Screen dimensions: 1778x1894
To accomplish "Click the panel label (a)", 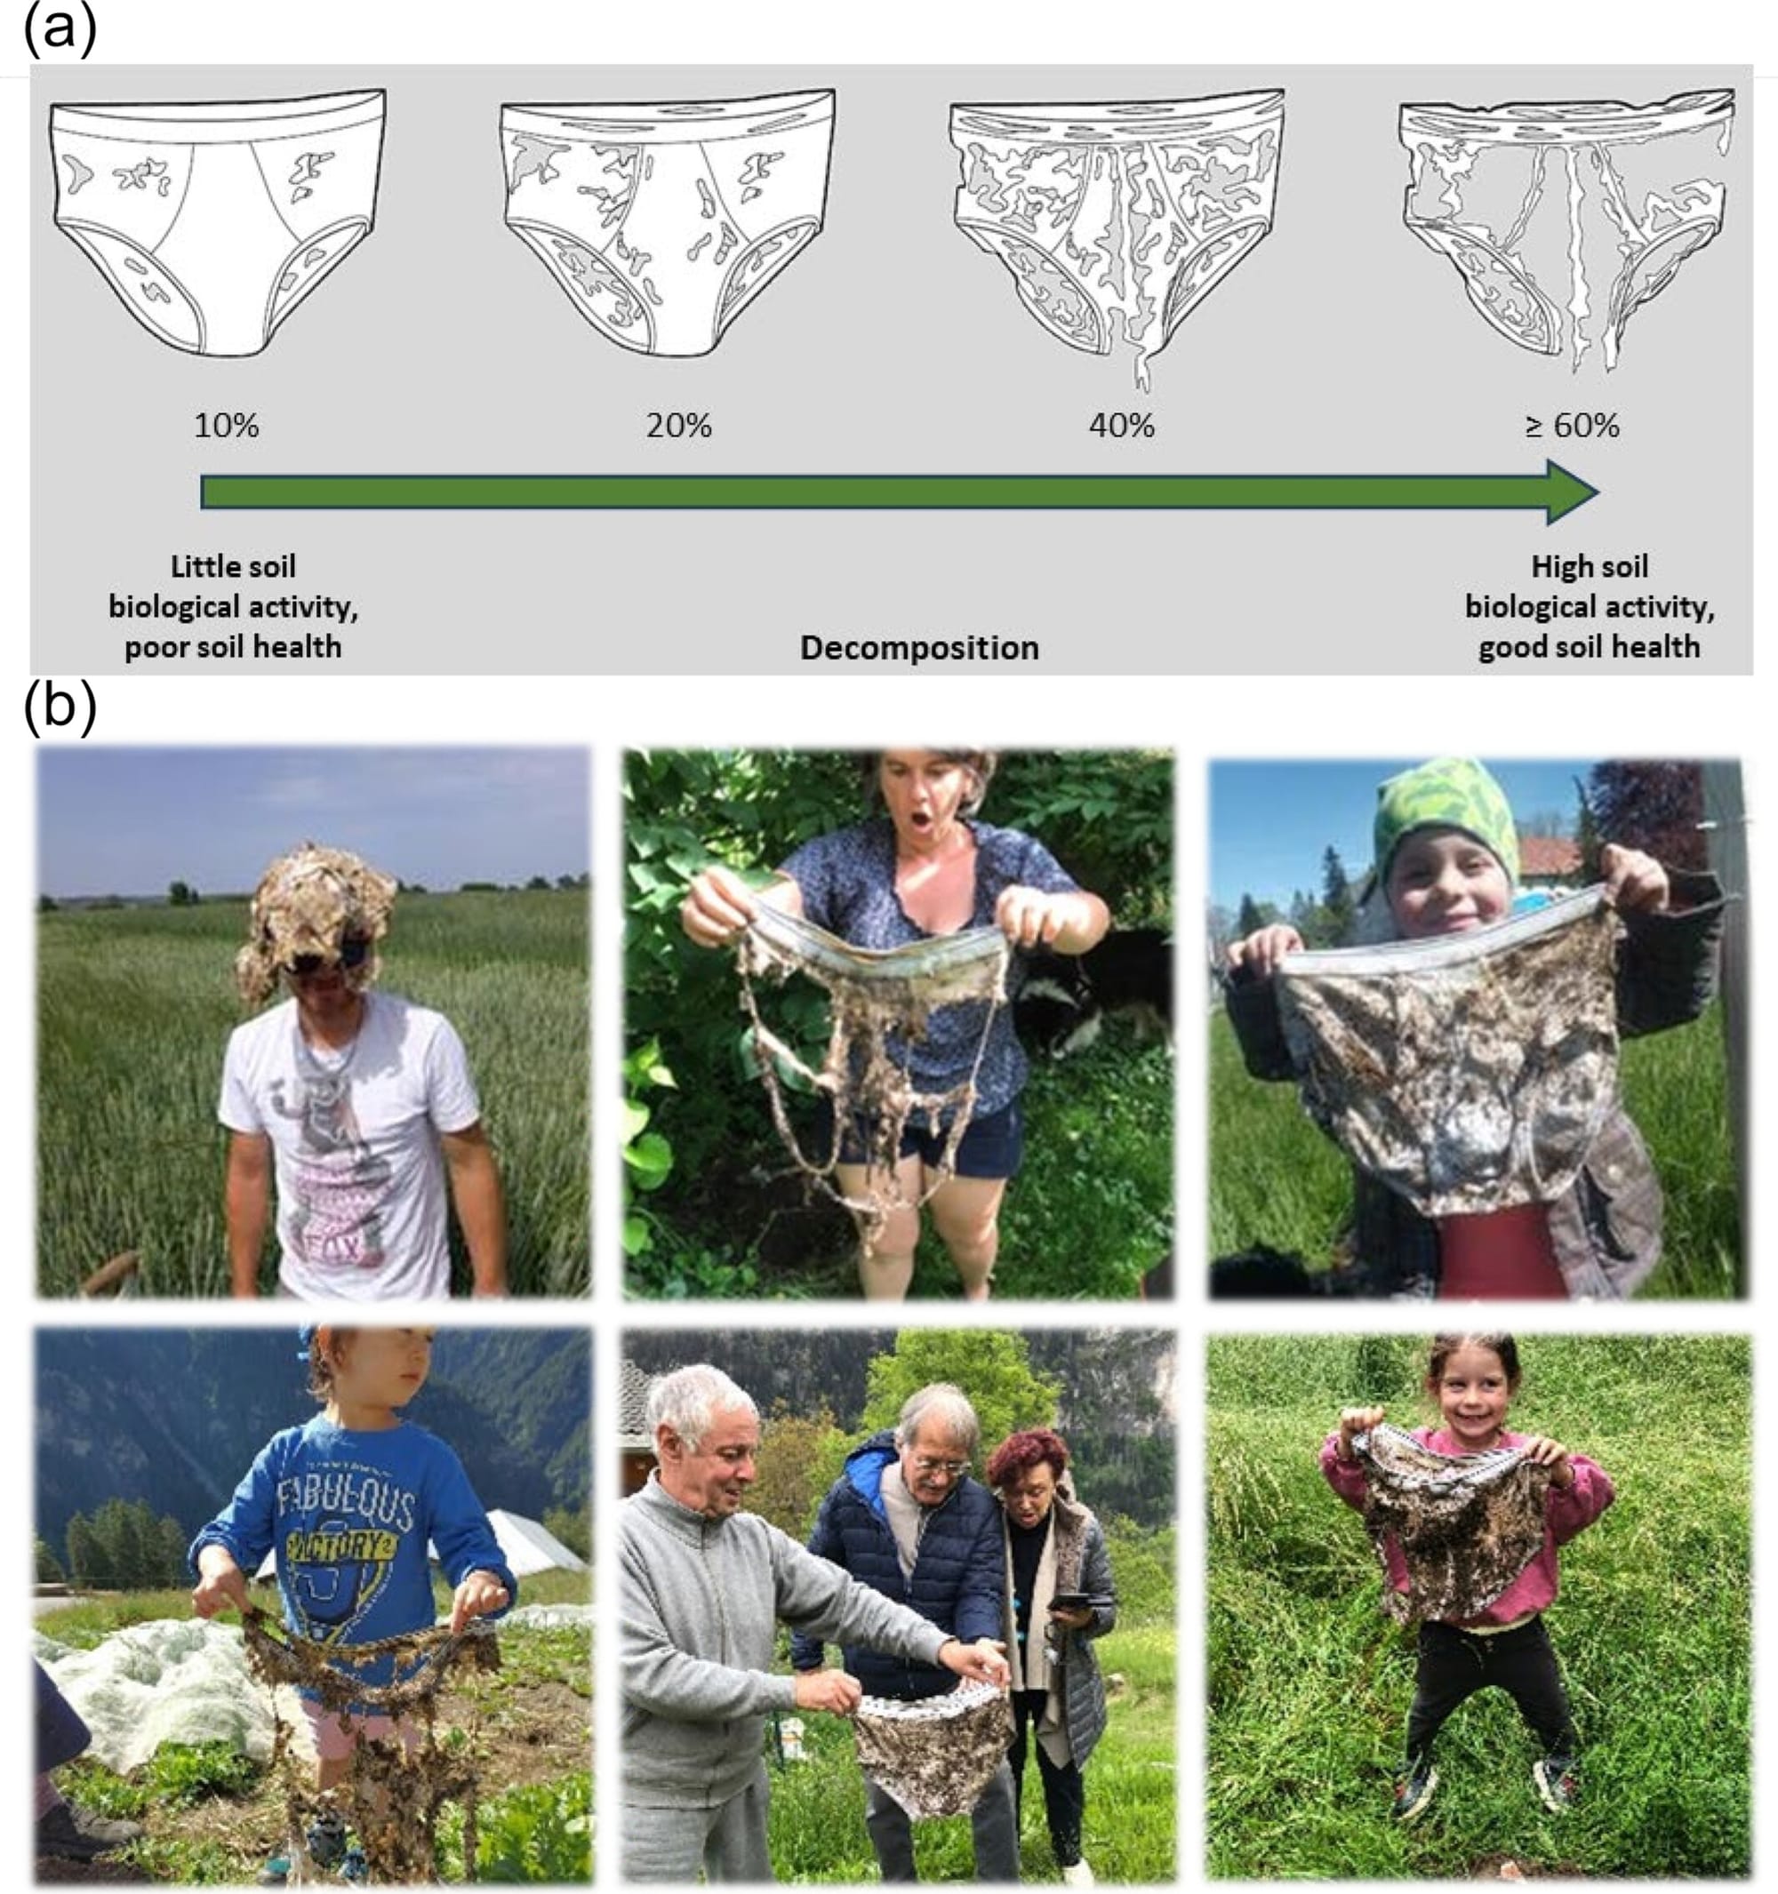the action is tap(59, 28).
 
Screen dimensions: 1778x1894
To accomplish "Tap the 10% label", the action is tap(226, 425).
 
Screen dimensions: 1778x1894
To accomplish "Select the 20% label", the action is tap(678, 425).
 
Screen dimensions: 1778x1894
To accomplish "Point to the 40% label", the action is tap(1122, 425).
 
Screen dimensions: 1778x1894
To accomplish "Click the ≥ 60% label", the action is tap(1572, 425).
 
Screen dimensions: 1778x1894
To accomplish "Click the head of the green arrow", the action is tap(1572, 492).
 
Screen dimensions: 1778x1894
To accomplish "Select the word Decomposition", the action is tap(919, 648).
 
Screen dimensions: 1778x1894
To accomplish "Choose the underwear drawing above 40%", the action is tap(1117, 234).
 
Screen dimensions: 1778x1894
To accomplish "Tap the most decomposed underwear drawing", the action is tap(1566, 228).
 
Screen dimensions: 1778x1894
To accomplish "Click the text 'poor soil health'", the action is tap(234, 647).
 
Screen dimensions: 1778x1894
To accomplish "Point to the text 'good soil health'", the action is tap(1590, 647).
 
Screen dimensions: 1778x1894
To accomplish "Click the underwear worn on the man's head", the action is tap(316, 915).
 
